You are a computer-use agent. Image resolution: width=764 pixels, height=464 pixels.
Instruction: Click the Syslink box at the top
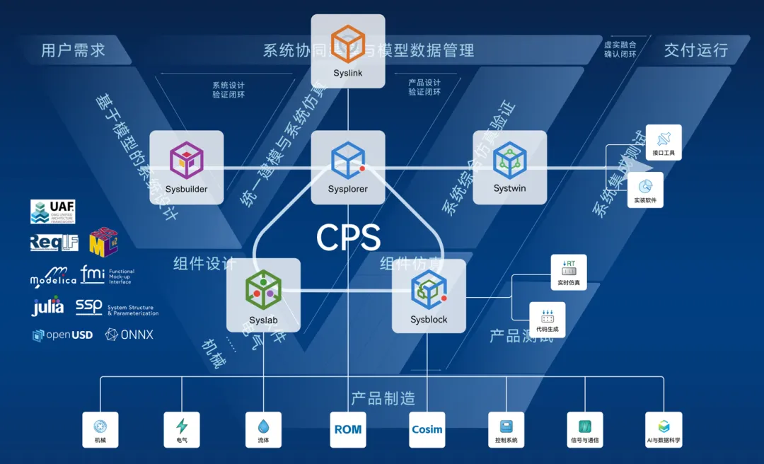(x=348, y=51)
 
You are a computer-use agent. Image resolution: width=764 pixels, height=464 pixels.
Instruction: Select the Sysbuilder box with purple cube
(x=186, y=168)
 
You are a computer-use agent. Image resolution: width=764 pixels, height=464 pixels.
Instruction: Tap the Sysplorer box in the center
(x=348, y=168)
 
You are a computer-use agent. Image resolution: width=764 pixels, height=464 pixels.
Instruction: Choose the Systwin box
(x=509, y=168)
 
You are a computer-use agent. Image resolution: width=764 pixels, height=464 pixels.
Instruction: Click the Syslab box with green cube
(x=263, y=296)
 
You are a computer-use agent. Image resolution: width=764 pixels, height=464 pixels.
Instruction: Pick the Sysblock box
(x=429, y=296)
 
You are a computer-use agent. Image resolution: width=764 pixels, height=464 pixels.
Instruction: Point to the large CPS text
(x=348, y=238)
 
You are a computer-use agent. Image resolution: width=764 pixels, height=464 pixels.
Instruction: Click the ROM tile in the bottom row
(x=348, y=429)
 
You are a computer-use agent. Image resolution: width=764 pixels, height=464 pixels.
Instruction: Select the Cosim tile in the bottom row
(x=427, y=429)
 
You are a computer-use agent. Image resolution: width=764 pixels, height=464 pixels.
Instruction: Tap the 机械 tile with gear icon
(x=100, y=429)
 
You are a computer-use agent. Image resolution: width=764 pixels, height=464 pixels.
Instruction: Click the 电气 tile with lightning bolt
(x=182, y=429)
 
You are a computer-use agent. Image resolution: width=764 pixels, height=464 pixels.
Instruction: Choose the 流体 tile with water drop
(x=263, y=429)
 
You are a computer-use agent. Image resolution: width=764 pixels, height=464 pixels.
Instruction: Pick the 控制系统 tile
(x=506, y=429)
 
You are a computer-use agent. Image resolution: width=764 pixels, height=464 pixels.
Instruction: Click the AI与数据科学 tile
(x=664, y=429)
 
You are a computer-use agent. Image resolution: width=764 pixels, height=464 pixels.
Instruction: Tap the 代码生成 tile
(x=548, y=319)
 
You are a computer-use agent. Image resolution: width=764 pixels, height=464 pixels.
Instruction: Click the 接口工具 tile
(x=663, y=142)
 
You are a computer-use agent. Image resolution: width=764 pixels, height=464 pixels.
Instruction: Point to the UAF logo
(x=53, y=211)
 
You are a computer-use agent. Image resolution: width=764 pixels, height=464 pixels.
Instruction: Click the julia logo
(x=48, y=307)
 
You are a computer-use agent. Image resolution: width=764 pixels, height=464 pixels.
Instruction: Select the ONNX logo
(x=129, y=335)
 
